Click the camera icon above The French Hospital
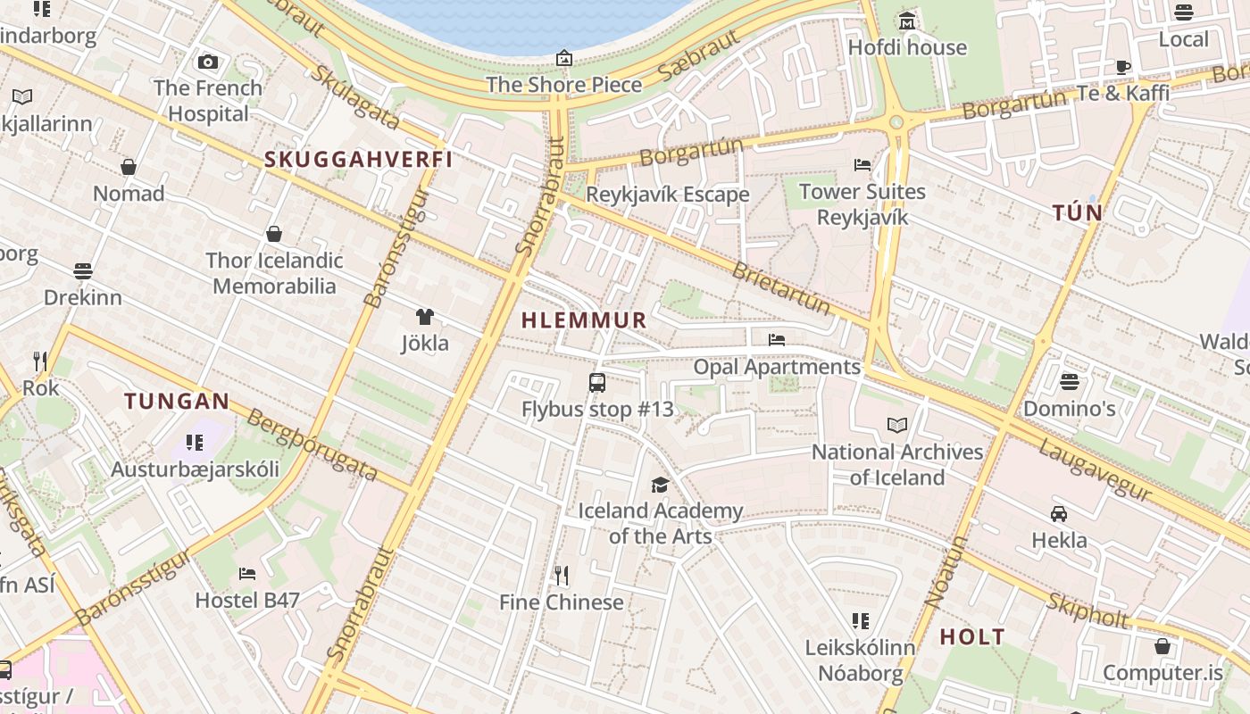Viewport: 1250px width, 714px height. coord(208,62)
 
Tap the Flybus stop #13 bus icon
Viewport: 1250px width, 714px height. coord(597,383)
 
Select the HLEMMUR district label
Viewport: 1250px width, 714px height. coord(584,320)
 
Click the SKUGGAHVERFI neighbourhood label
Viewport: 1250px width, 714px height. coord(359,160)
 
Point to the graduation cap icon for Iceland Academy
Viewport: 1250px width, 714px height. coord(660,485)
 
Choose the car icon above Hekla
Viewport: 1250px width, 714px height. coord(1059,514)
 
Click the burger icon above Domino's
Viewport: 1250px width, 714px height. coord(1070,382)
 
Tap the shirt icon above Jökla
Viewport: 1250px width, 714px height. coord(425,317)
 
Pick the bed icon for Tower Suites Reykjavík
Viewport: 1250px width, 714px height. coord(862,165)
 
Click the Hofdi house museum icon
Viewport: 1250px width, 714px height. coord(907,21)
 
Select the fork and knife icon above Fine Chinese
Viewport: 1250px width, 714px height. coord(562,576)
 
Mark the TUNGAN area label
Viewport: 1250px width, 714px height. coord(177,402)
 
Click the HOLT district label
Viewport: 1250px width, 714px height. coord(972,637)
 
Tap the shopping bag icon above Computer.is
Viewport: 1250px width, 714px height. coord(1162,645)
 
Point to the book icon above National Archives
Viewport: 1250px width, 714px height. coord(897,426)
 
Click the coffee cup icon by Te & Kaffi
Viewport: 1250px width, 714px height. coord(1123,67)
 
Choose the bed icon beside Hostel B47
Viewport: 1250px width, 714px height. coord(247,574)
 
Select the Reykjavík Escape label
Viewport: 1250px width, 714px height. coord(668,195)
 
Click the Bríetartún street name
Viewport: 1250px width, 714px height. coord(780,287)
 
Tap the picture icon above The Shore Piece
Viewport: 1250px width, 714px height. coord(564,59)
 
